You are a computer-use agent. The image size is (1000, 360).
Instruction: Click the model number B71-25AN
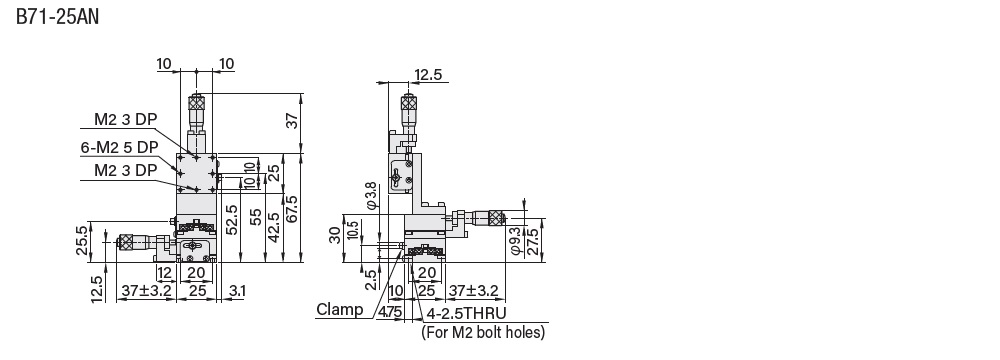click(57, 17)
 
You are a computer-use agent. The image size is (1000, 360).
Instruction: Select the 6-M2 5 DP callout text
click(119, 147)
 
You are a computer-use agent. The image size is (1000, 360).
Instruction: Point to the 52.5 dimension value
click(232, 220)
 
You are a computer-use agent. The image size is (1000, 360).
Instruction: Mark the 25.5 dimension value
click(83, 241)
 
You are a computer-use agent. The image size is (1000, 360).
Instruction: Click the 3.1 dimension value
click(236, 291)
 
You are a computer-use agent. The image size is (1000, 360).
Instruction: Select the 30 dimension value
click(335, 235)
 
